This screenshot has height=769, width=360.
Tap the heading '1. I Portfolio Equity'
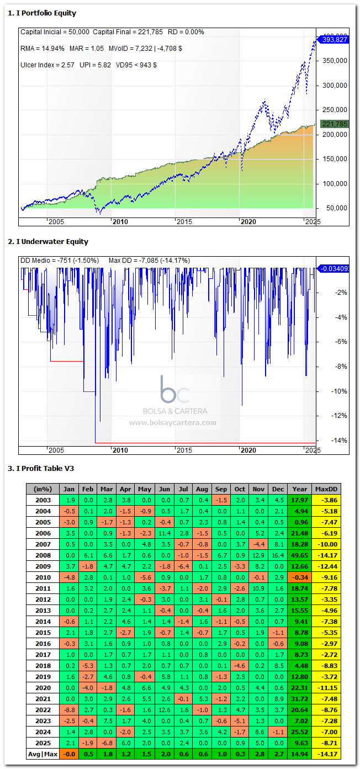42,13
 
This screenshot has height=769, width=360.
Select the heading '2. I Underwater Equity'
48,242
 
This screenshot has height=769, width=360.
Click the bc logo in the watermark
174,389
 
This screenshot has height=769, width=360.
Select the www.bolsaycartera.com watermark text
173,423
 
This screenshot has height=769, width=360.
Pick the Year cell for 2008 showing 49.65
299,555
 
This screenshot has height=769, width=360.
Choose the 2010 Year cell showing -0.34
299,577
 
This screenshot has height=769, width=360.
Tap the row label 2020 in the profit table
43,688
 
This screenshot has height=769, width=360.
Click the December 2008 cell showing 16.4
278,555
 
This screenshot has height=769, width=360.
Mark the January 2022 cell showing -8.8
70,710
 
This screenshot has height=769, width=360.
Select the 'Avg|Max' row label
43,754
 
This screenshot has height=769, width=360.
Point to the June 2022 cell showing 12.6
163,710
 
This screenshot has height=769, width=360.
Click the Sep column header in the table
221,489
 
